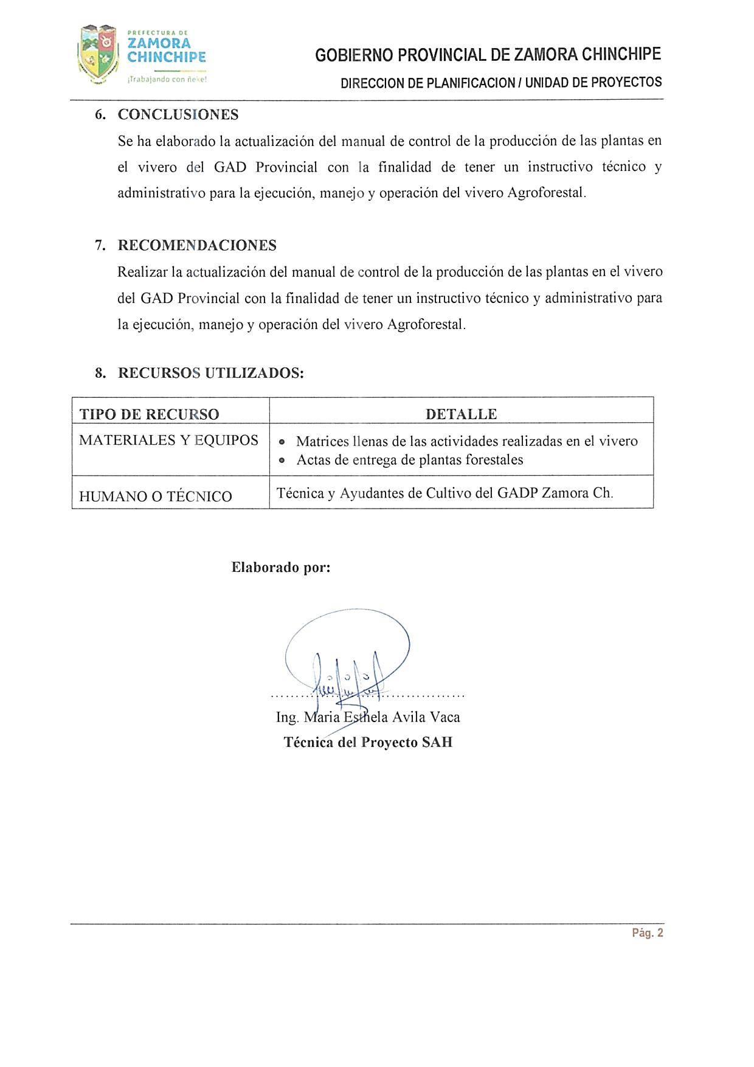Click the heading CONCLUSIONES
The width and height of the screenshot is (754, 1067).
tap(178, 114)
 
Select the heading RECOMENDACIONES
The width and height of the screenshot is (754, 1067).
tap(197, 245)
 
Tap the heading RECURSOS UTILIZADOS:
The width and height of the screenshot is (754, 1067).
tap(210, 373)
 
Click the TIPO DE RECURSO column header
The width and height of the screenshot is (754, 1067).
tap(149, 414)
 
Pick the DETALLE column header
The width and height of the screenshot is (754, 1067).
tap(461, 414)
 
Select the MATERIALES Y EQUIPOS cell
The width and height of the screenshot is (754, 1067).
tap(168, 440)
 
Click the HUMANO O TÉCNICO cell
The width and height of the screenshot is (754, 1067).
tap(156, 496)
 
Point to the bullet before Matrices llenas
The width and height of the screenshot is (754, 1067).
tap(282, 442)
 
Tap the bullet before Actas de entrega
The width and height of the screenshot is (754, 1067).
tap(282, 461)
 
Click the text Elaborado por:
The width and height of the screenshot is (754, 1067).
tap(281, 568)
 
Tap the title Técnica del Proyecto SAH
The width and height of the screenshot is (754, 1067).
tap(368, 743)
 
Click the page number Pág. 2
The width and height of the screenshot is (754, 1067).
tap(648, 933)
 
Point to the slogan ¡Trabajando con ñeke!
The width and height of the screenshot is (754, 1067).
tap(167, 79)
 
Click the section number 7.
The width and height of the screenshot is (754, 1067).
tap(100, 245)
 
